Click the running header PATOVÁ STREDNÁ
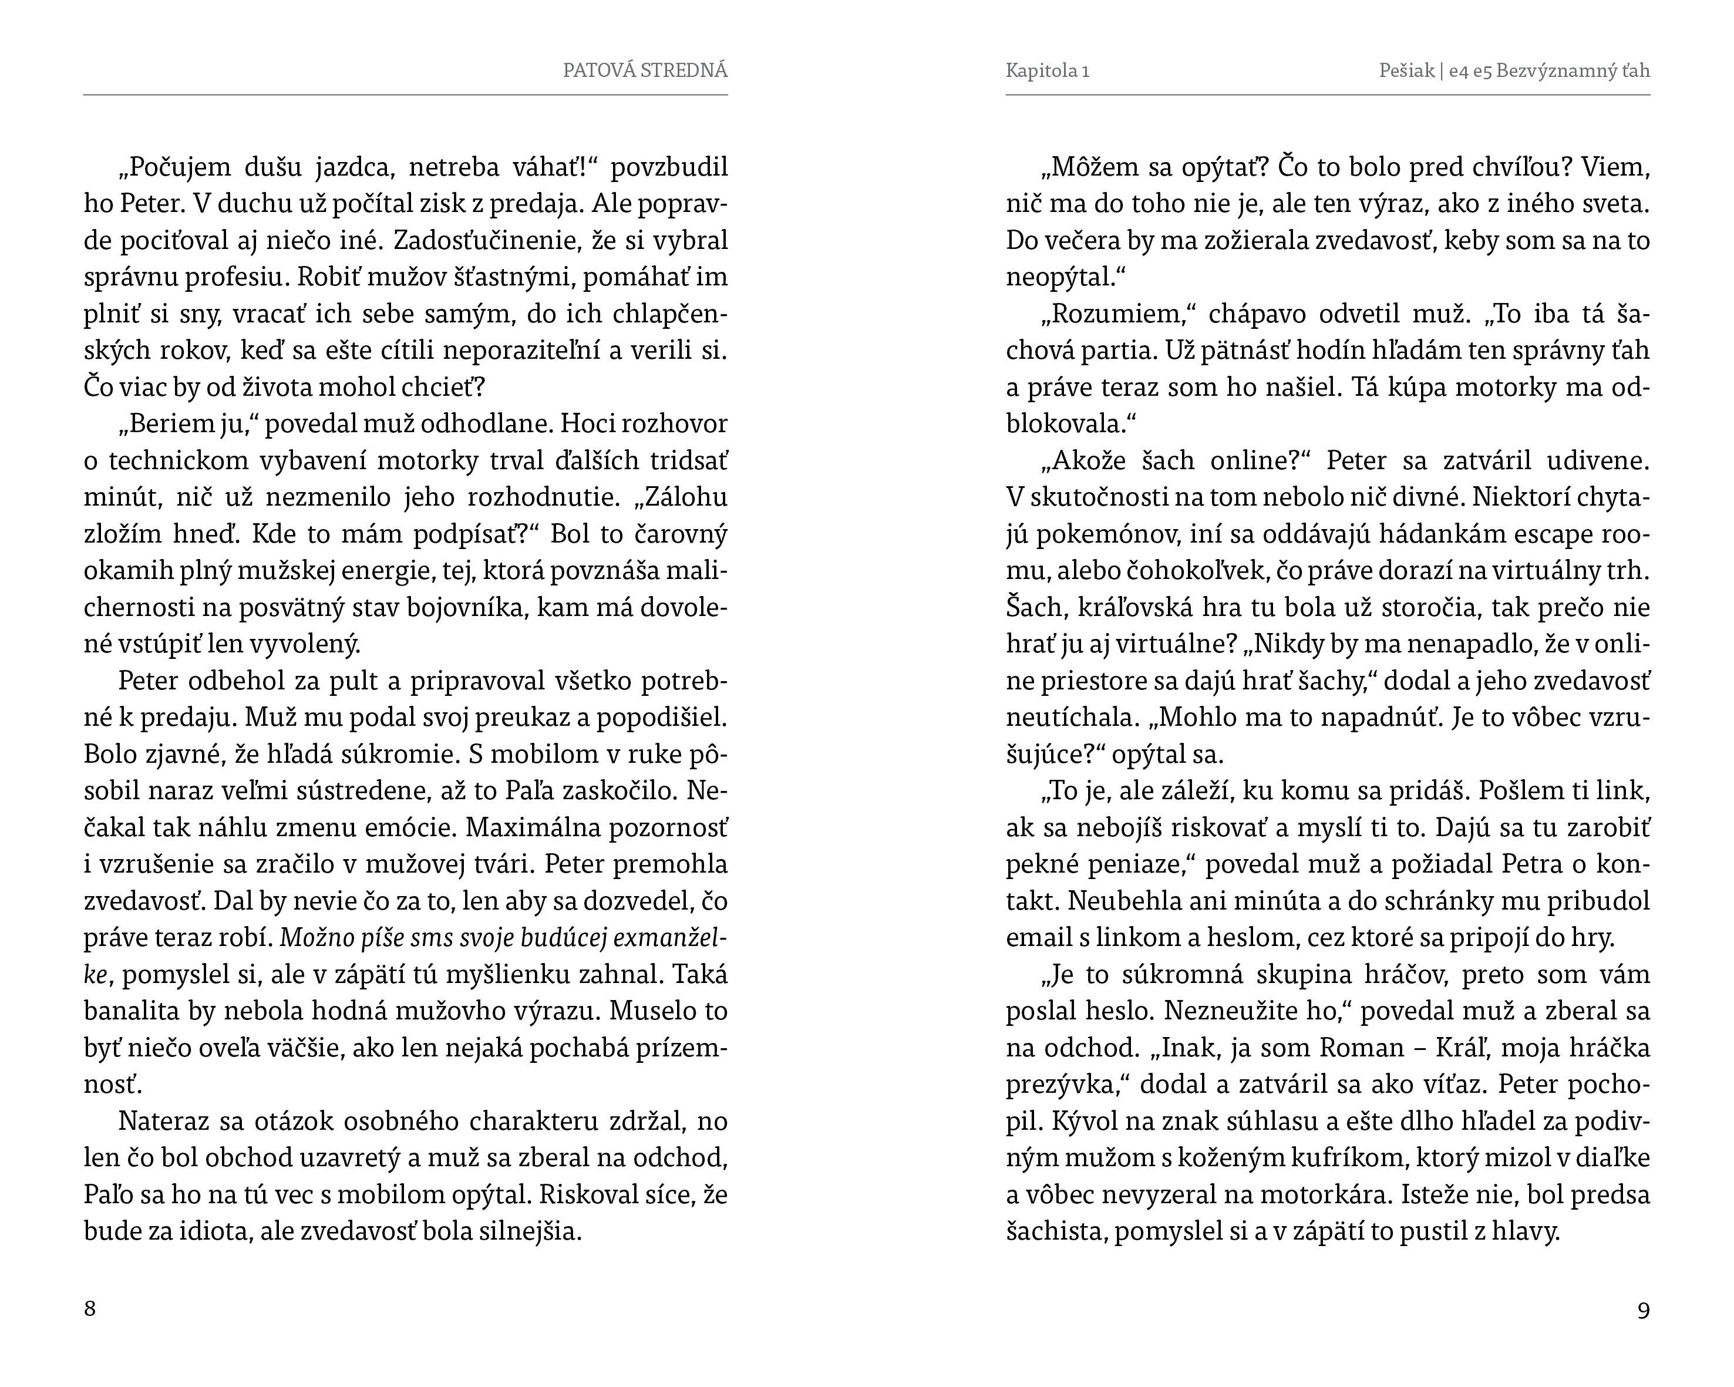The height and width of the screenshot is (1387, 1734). pyautogui.click(x=645, y=70)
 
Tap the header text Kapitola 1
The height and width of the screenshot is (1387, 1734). pyautogui.click(x=1047, y=70)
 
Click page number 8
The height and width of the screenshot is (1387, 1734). pyautogui.click(x=90, y=1308)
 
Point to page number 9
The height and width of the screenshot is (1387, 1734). pyautogui.click(x=1643, y=1311)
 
